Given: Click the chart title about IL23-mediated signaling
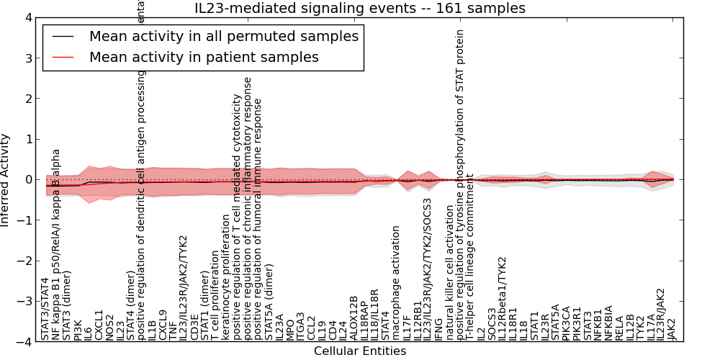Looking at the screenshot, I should tap(360, 9).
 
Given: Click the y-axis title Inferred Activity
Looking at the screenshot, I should tap(6, 180).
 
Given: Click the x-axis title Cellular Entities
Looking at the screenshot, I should tap(360, 351).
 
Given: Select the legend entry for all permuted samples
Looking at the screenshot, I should tap(223, 36).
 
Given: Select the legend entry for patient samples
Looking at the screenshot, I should tap(204, 57).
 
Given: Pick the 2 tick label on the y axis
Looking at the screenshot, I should tap(27, 99).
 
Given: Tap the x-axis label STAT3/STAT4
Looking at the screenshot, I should tap(45, 309).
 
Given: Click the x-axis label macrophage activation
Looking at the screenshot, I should tap(396, 282).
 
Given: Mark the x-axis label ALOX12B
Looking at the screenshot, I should tap(354, 318).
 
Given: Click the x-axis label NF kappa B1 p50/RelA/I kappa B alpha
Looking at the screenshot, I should tap(56, 245).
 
